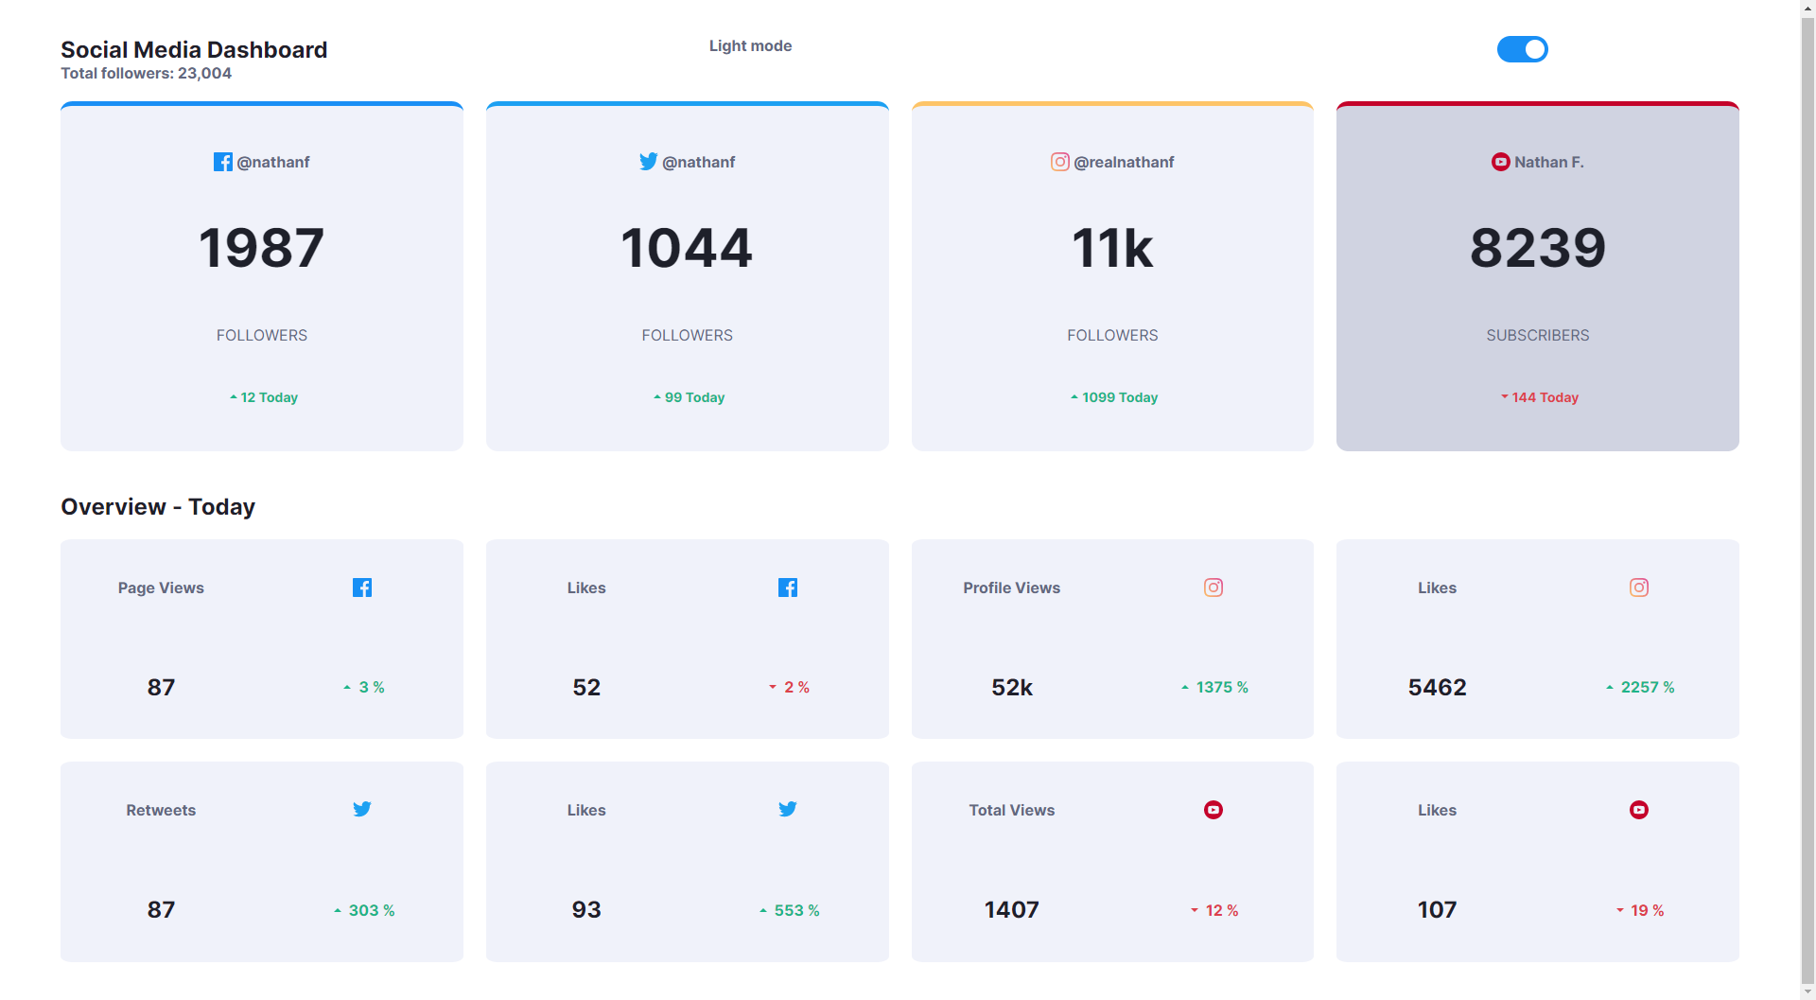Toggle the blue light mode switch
tap(1522, 49)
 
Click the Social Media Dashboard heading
tap(194, 49)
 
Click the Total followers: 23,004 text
tap(146, 74)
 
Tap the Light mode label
tap(750, 45)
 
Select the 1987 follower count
tap(261, 248)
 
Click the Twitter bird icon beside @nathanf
tap(648, 162)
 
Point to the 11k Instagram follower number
tap(1111, 248)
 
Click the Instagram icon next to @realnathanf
tap(1059, 162)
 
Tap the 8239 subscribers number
tap(1537, 248)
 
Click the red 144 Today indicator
tap(1539, 397)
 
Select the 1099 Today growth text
tap(1114, 397)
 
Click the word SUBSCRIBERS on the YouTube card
tap(1537, 335)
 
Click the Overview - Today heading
tap(158, 507)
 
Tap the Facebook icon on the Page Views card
tap(361, 588)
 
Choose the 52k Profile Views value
tap(1011, 688)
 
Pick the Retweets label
tap(161, 810)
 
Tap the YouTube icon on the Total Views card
tap(1213, 810)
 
